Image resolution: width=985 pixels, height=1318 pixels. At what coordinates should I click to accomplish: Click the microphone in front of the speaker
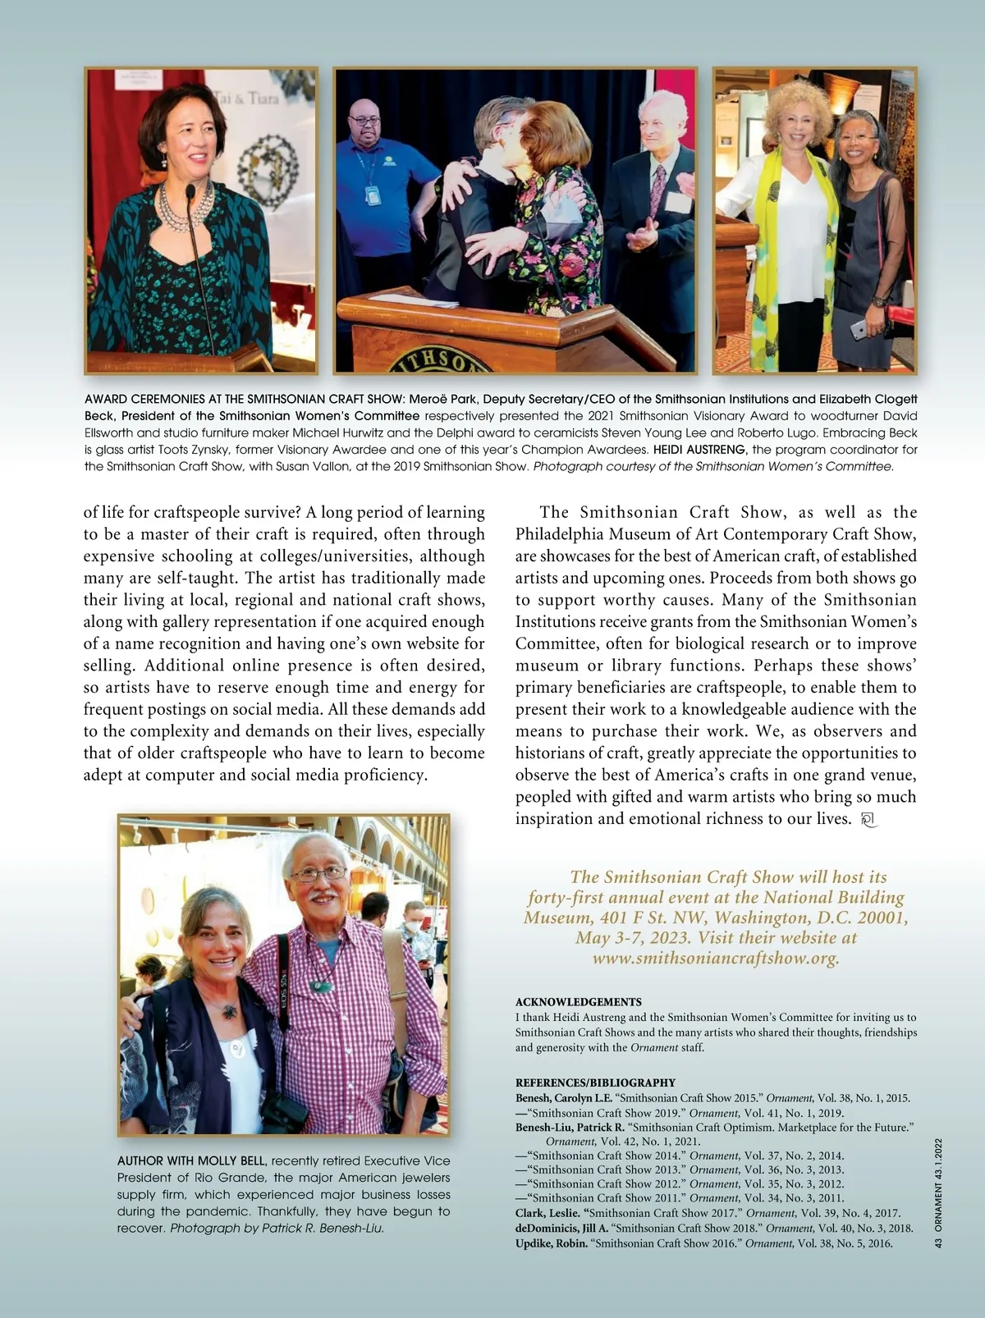click(190, 194)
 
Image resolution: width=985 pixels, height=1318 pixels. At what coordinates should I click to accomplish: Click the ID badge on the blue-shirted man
click(373, 195)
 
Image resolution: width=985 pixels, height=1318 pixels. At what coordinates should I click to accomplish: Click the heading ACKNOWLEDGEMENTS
click(578, 1002)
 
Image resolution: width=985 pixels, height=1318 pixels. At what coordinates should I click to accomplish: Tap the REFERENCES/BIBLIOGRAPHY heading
click(595, 1082)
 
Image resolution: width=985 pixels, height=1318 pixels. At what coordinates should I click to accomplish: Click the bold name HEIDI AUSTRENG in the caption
click(700, 450)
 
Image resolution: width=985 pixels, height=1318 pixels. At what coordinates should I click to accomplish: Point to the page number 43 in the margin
click(938, 1243)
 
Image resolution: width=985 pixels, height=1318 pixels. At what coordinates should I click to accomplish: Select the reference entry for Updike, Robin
click(703, 1243)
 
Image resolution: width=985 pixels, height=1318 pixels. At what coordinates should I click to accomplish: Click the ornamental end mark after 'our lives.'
click(870, 819)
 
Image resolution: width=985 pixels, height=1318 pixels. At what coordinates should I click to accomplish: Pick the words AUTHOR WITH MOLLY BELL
click(191, 1160)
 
